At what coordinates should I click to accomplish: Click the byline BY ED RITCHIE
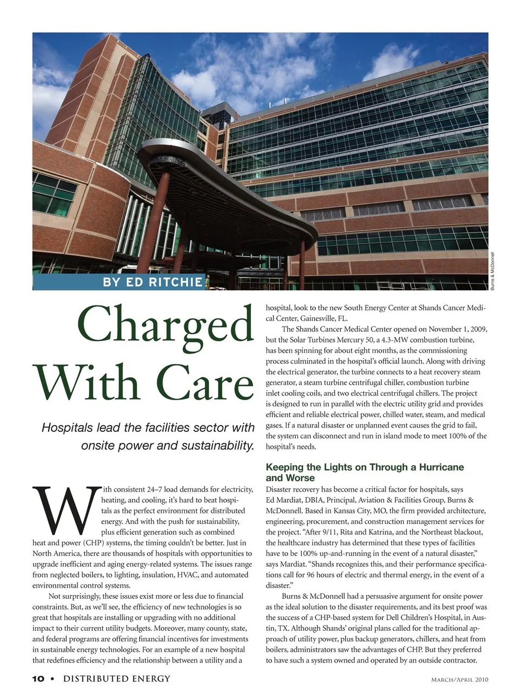point(153,282)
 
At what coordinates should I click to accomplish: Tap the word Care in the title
point(208,383)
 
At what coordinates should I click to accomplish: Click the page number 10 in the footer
point(38,679)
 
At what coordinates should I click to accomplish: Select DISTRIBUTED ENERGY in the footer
point(116,679)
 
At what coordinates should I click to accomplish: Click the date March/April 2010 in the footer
point(459,679)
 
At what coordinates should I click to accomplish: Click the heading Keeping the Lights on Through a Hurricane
point(365,467)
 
